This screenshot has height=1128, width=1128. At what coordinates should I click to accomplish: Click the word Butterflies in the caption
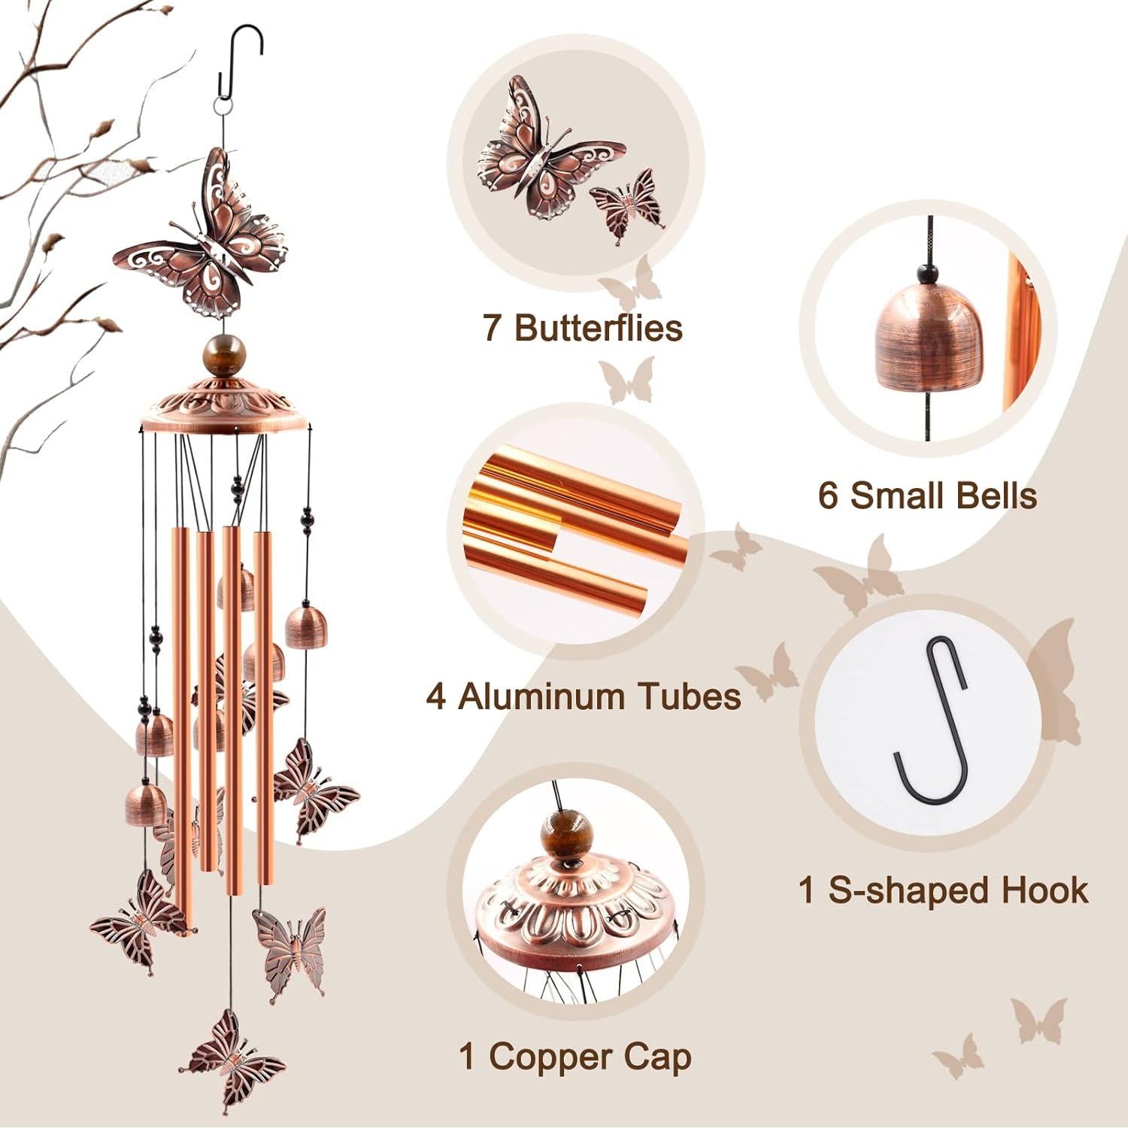click(x=599, y=329)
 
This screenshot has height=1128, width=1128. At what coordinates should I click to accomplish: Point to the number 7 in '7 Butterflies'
click(x=493, y=329)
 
